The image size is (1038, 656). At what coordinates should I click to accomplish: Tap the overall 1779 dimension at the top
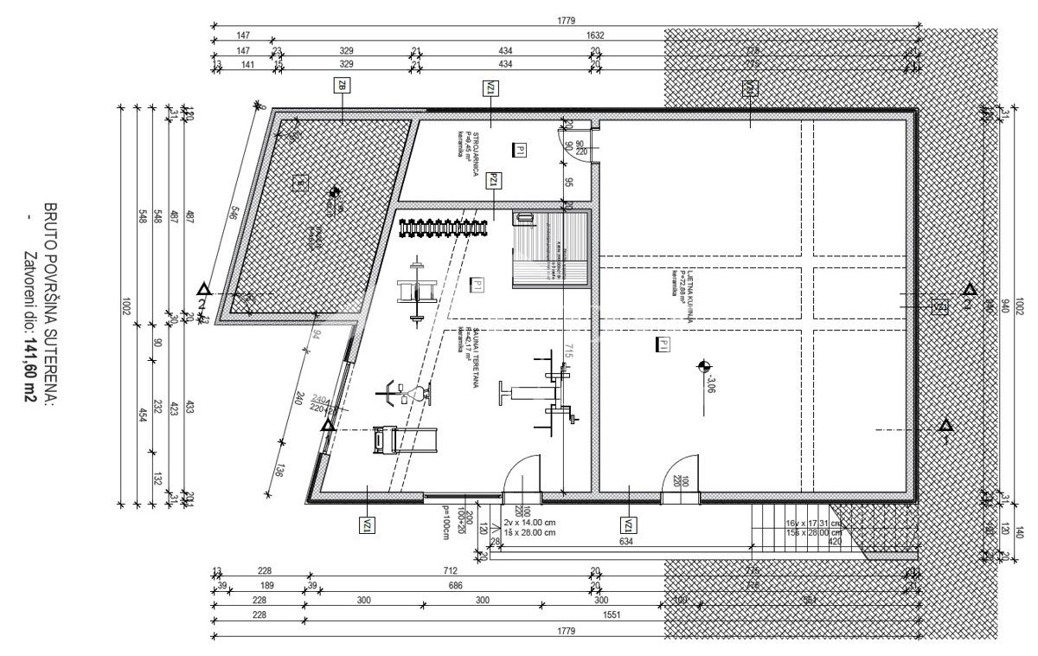(567, 20)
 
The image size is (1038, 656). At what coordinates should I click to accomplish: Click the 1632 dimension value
(595, 35)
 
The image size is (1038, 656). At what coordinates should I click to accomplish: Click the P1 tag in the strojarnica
(519, 151)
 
